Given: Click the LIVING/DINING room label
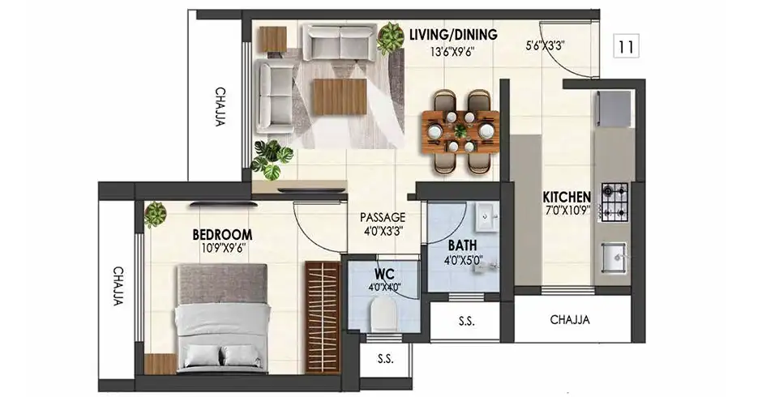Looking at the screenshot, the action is coord(453,35).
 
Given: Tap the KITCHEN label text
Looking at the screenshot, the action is coord(567,197).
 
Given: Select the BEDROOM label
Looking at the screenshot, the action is coord(222,235).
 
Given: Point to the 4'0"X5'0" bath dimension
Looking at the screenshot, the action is coord(463,260).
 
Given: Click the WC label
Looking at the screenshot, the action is coord(384,272).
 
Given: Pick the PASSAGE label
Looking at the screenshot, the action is coord(383,217).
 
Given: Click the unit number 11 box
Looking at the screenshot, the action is coord(626,47).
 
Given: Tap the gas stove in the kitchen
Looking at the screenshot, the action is coord(614,202).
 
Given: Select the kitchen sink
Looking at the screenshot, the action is coord(614,257).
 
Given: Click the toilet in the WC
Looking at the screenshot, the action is coord(383,313).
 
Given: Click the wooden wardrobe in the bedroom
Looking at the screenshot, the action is coord(323,318).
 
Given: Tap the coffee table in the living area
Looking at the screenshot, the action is coord(340,96).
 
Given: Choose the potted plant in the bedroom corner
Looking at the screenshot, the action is coord(156,214).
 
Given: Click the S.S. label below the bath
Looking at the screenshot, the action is coord(467,321).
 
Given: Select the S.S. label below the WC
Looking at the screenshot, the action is coord(385,360).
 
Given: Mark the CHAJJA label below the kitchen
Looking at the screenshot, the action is coord(570,320).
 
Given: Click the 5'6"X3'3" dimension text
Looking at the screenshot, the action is coord(544,46).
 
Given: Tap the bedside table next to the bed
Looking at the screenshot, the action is coord(160,364).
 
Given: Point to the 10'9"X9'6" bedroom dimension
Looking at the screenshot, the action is coord(224,248).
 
